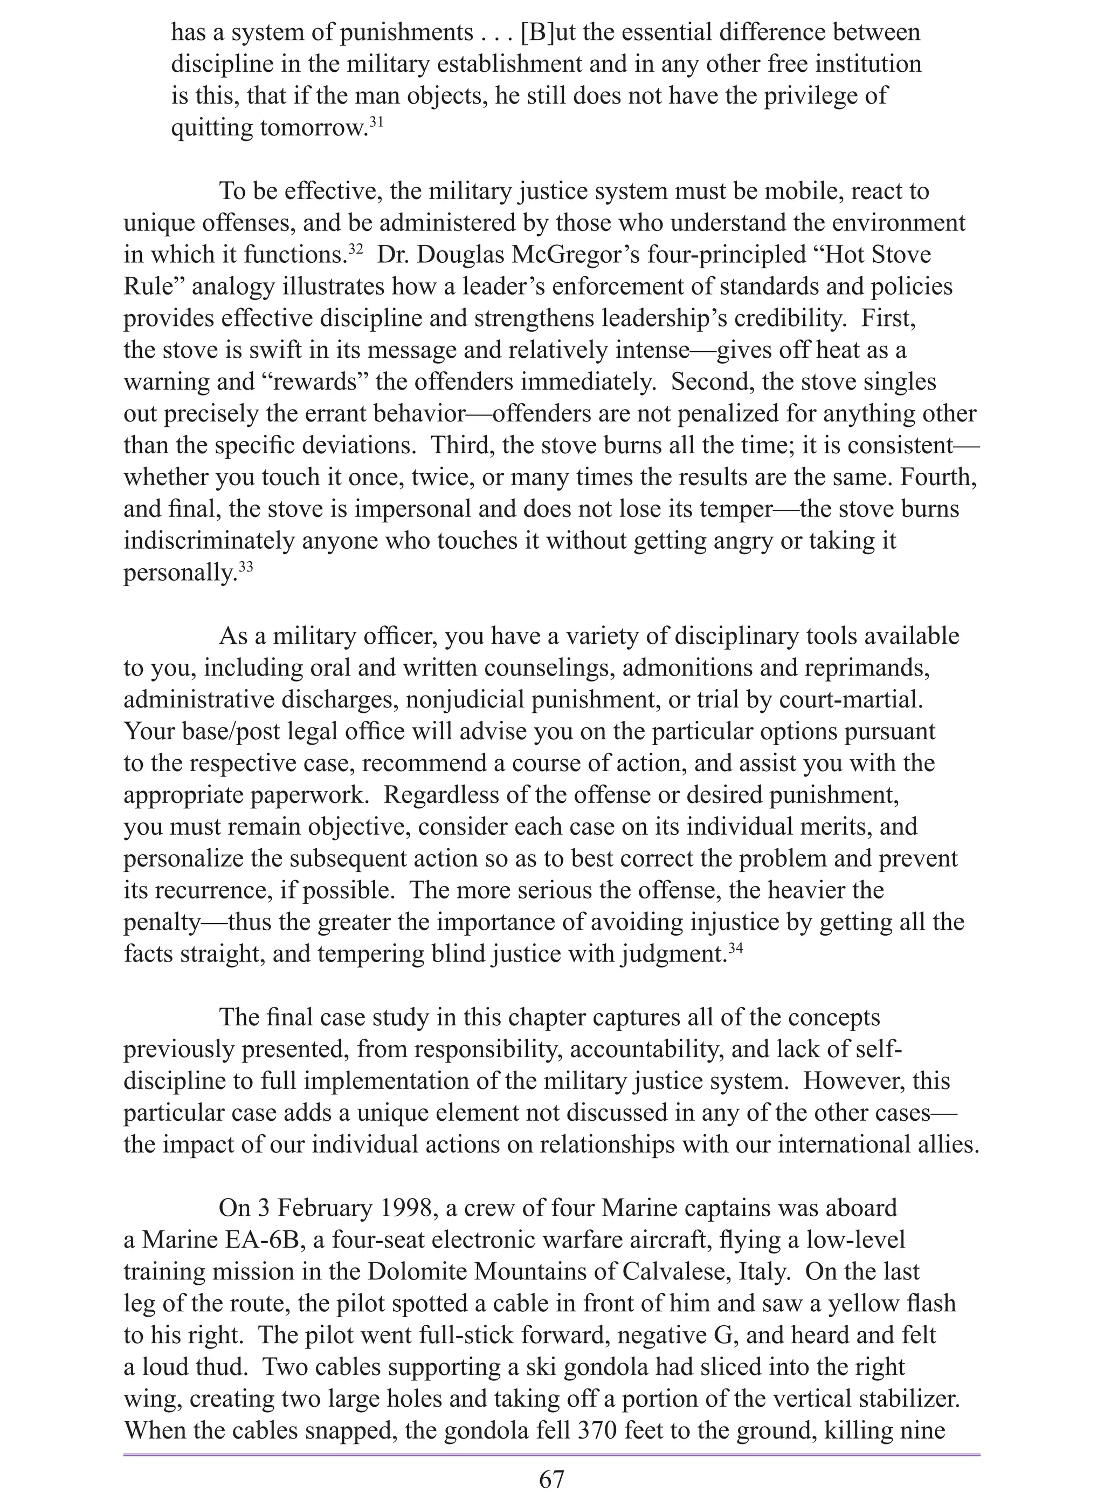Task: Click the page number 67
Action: tap(551, 1474)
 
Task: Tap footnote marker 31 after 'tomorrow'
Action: tap(376, 122)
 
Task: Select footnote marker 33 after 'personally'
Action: tap(245, 567)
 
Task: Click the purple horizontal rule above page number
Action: tap(551, 1449)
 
